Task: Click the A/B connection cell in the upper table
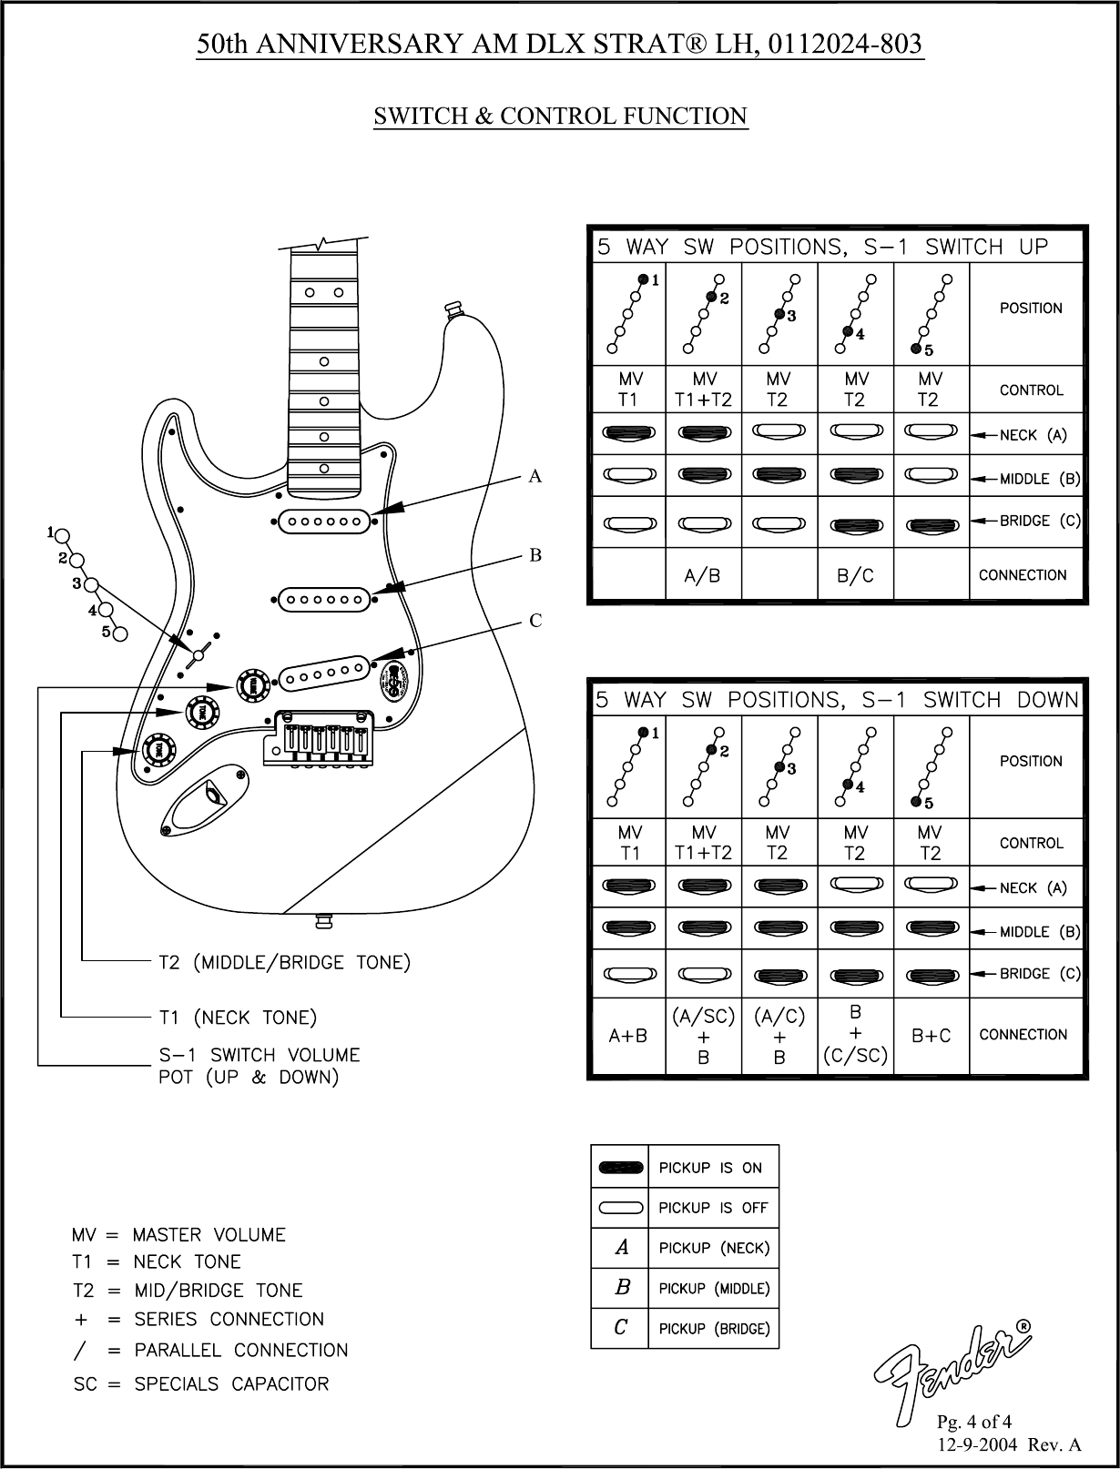tap(703, 575)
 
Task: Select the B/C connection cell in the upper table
tap(855, 575)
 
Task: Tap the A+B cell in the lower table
tap(628, 1036)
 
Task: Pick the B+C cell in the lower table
tap(932, 1036)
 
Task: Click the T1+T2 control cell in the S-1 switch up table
tap(703, 390)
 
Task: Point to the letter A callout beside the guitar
tap(535, 476)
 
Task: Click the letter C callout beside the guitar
tap(535, 621)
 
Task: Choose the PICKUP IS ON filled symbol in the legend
tap(620, 1168)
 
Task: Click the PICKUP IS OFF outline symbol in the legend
tap(620, 1209)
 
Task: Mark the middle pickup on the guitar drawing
tap(323, 599)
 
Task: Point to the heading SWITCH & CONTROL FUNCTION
tap(561, 117)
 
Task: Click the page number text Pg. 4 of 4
tap(974, 1422)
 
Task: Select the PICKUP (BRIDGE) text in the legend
tap(714, 1329)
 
